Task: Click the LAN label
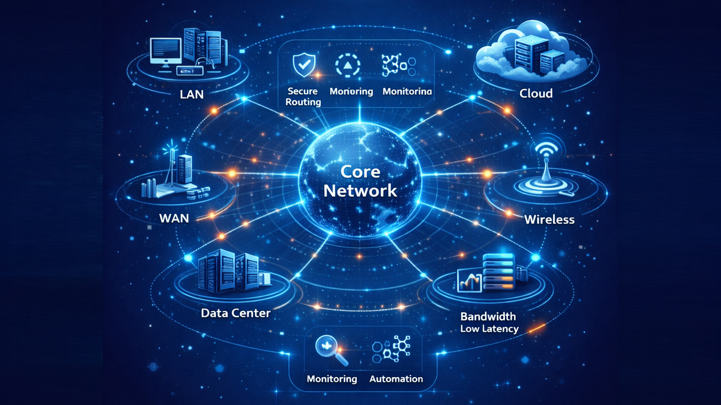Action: (192, 94)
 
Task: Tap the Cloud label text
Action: (536, 93)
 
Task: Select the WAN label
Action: (174, 218)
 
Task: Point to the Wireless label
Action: (549, 219)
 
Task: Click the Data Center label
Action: (235, 313)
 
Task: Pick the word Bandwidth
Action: (488, 316)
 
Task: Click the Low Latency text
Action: (489, 329)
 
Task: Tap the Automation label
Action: (396, 379)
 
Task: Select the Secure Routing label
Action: (303, 96)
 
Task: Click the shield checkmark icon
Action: (304, 64)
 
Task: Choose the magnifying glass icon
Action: (331, 349)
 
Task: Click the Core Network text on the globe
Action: (360, 181)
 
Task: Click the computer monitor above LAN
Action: (165, 52)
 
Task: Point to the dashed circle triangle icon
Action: (347, 65)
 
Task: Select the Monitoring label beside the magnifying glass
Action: (332, 379)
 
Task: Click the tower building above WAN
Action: (184, 169)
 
